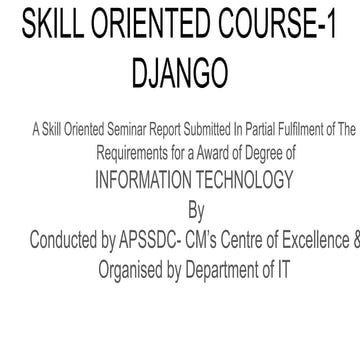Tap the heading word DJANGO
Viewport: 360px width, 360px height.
(180, 72)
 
